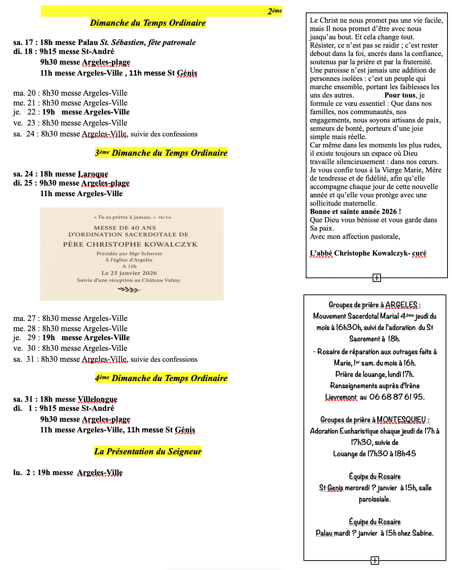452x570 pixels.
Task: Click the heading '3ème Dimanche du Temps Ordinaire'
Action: coord(161,153)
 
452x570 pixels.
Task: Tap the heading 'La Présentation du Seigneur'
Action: coord(148,451)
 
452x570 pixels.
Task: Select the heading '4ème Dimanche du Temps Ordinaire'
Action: coord(161,378)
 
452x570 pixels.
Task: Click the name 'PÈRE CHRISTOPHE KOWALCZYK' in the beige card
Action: coord(130,244)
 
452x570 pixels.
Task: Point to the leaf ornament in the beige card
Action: coord(129,290)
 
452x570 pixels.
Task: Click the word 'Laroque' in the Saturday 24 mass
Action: coord(93,174)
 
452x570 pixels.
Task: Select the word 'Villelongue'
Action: coord(98,399)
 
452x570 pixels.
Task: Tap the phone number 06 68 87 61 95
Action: coord(397,397)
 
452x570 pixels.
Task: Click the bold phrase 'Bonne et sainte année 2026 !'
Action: coord(355,212)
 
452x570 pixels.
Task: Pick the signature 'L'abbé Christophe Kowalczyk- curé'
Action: coord(368,253)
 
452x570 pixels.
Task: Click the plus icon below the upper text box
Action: coord(376,278)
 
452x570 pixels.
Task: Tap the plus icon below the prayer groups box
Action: coord(375,560)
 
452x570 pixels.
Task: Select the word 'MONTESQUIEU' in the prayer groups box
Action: coord(401,420)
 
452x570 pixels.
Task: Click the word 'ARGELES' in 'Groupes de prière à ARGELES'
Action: coord(401,305)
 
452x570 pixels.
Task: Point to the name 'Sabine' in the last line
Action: coord(422,533)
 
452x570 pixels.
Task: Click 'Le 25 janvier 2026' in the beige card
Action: coord(129,273)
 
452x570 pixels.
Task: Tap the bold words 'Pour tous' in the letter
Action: coord(400,95)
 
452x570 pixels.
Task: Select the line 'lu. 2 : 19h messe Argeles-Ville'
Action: coord(68,472)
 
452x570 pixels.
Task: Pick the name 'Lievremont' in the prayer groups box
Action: coord(341,397)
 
